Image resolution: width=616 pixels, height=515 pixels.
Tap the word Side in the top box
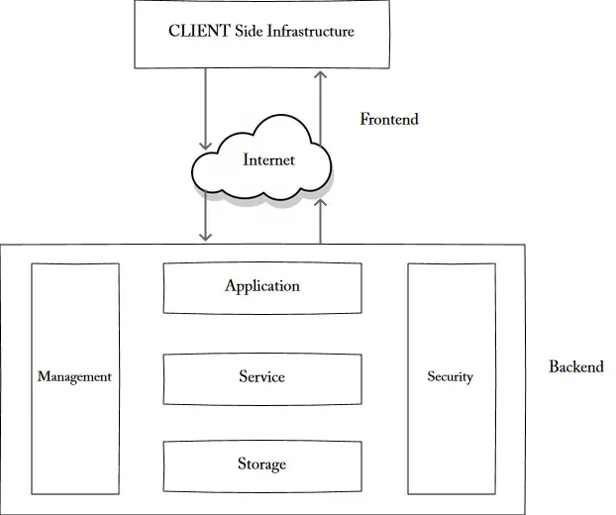246,32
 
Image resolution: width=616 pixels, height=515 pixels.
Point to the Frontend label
389,120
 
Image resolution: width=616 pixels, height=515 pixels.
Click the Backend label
575,366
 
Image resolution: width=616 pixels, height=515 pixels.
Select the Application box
261,287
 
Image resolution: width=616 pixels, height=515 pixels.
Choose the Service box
261,378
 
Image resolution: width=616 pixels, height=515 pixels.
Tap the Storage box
261,464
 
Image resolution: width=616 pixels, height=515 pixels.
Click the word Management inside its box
74,377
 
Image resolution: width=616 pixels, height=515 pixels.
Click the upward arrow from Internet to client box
320,104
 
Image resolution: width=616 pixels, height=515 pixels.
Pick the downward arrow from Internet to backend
206,218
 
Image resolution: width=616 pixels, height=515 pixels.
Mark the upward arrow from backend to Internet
320,220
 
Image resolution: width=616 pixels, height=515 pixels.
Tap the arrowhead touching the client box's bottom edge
320,74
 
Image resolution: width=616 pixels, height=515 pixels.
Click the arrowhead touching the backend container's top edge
206,237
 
